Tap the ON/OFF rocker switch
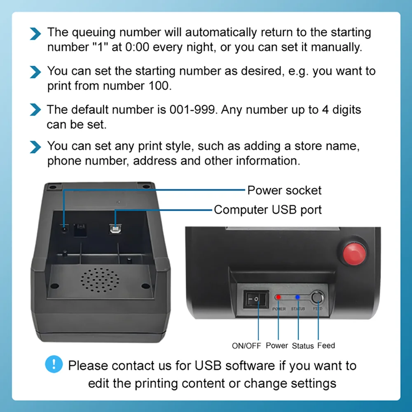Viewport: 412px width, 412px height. click(255, 299)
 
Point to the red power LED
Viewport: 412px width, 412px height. click(279, 297)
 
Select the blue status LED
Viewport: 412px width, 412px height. click(297, 297)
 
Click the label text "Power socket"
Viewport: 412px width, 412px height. click(284, 190)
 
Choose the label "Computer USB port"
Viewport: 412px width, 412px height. click(268, 210)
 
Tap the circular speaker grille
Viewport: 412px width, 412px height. click(99, 278)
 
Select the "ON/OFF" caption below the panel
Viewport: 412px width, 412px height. click(246, 346)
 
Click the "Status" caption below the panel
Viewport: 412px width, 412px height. click(303, 346)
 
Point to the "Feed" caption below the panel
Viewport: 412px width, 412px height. click(326, 346)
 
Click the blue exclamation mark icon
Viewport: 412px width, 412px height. click(54, 365)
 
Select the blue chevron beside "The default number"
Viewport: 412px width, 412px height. click(36, 110)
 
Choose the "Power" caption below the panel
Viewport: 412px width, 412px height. click(277, 346)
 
